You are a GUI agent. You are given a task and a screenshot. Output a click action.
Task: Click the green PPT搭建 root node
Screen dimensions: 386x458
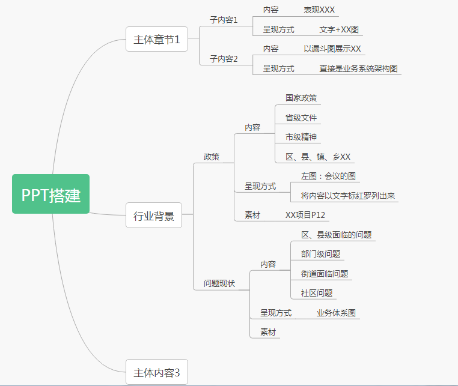click(x=51, y=194)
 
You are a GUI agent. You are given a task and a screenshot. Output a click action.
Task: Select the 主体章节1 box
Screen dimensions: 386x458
click(x=156, y=40)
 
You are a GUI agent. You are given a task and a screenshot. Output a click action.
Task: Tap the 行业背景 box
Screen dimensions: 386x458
click(x=154, y=216)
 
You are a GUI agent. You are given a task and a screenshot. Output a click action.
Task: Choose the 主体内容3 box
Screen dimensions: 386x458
click(x=156, y=372)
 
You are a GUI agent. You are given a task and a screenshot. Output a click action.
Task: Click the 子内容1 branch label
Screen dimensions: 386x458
click(x=224, y=20)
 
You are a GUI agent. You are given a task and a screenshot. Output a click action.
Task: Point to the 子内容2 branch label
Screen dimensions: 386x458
click(x=224, y=59)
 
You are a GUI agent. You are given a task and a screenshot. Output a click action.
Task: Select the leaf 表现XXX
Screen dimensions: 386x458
click(x=319, y=10)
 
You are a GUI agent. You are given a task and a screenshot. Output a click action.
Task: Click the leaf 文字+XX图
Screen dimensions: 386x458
click(x=339, y=29)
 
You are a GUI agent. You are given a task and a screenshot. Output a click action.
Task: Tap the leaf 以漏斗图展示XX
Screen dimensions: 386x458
click(x=332, y=49)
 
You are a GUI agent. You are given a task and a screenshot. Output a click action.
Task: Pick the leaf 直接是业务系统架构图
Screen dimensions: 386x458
click(x=358, y=68)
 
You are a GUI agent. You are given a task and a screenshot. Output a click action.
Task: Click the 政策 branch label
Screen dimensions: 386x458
click(x=212, y=157)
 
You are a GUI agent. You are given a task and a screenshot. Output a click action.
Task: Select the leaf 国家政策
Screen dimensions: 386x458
click(x=301, y=98)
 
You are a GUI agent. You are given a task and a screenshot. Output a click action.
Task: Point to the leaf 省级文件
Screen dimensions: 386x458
click(x=301, y=118)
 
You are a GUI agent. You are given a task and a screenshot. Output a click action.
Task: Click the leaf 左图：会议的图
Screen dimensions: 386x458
click(x=328, y=176)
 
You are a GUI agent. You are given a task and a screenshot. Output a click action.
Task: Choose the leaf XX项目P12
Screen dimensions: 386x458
click(x=306, y=215)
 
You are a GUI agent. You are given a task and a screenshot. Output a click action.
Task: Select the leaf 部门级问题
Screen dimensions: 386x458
click(x=320, y=254)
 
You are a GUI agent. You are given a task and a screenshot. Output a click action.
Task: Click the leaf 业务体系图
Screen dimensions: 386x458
click(x=336, y=313)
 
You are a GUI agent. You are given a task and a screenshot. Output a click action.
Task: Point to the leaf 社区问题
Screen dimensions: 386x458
click(x=317, y=293)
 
